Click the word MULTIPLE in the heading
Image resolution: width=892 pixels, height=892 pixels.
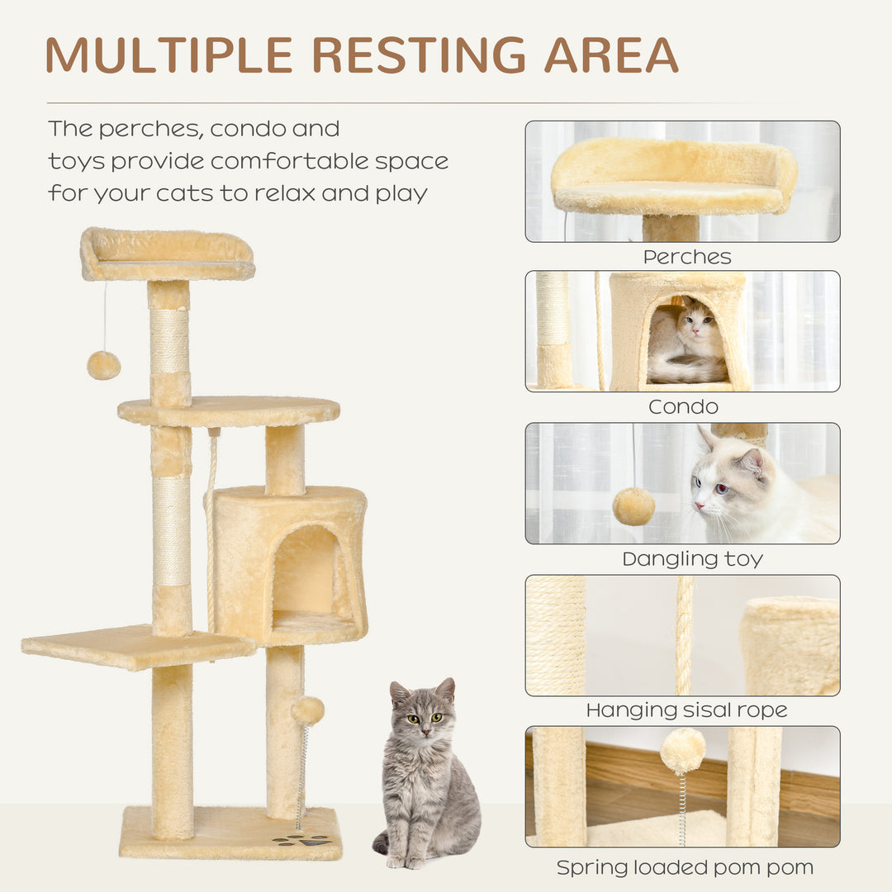tap(169, 56)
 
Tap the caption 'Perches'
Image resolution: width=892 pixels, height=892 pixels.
tap(687, 257)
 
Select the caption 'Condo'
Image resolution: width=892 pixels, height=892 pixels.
tap(683, 406)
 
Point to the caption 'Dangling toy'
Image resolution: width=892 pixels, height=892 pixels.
tap(692, 559)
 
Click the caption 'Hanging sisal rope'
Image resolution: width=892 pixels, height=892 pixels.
tap(686, 710)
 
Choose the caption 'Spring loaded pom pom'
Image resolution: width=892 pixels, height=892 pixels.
tap(685, 867)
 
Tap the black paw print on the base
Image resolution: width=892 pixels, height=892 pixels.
tap(302, 840)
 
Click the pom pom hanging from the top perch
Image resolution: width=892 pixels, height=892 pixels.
tap(103, 365)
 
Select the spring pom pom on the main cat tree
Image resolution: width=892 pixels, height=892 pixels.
tap(307, 709)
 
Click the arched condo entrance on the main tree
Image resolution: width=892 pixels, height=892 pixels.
tap(306, 570)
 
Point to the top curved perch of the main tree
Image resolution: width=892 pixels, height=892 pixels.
tap(167, 254)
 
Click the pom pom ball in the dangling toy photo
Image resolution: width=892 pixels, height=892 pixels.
tap(633, 506)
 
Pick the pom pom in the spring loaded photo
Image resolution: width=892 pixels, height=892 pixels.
tap(682, 750)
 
